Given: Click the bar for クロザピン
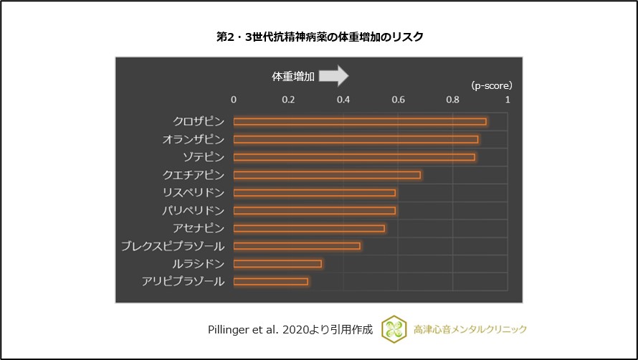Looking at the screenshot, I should pyautogui.click(x=360, y=121).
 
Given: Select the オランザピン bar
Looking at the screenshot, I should pyautogui.click(x=356, y=139).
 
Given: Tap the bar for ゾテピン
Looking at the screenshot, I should pyautogui.click(x=354, y=157).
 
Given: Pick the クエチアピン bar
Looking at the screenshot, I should pyautogui.click(x=327, y=175).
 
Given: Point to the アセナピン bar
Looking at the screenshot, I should pyautogui.click(x=309, y=228).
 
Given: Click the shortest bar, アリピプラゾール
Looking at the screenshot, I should pyautogui.click(x=271, y=281).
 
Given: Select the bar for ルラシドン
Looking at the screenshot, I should pyautogui.click(x=277, y=263).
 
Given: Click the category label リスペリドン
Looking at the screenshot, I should pyautogui.click(x=194, y=192).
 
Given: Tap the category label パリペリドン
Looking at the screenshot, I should pyautogui.click(x=194, y=210).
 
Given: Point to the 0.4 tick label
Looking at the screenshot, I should pyautogui.click(x=343, y=100).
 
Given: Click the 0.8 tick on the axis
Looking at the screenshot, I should pyautogui.click(x=453, y=100).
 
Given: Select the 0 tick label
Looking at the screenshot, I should pyautogui.click(x=234, y=100).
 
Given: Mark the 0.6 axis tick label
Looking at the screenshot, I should pyautogui.click(x=398, y=100).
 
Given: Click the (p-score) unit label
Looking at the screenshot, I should pyautogui.click(x=492, y=85).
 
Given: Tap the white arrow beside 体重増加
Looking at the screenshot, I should pyautogui.click(x=333, y=75).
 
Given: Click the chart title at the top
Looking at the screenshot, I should pyautogui.click(x=319, y=36).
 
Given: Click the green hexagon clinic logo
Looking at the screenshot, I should pyautogui.click(x=393, y=328).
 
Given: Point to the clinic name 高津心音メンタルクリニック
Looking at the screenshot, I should pyautogui.click(x=470, y=329).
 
